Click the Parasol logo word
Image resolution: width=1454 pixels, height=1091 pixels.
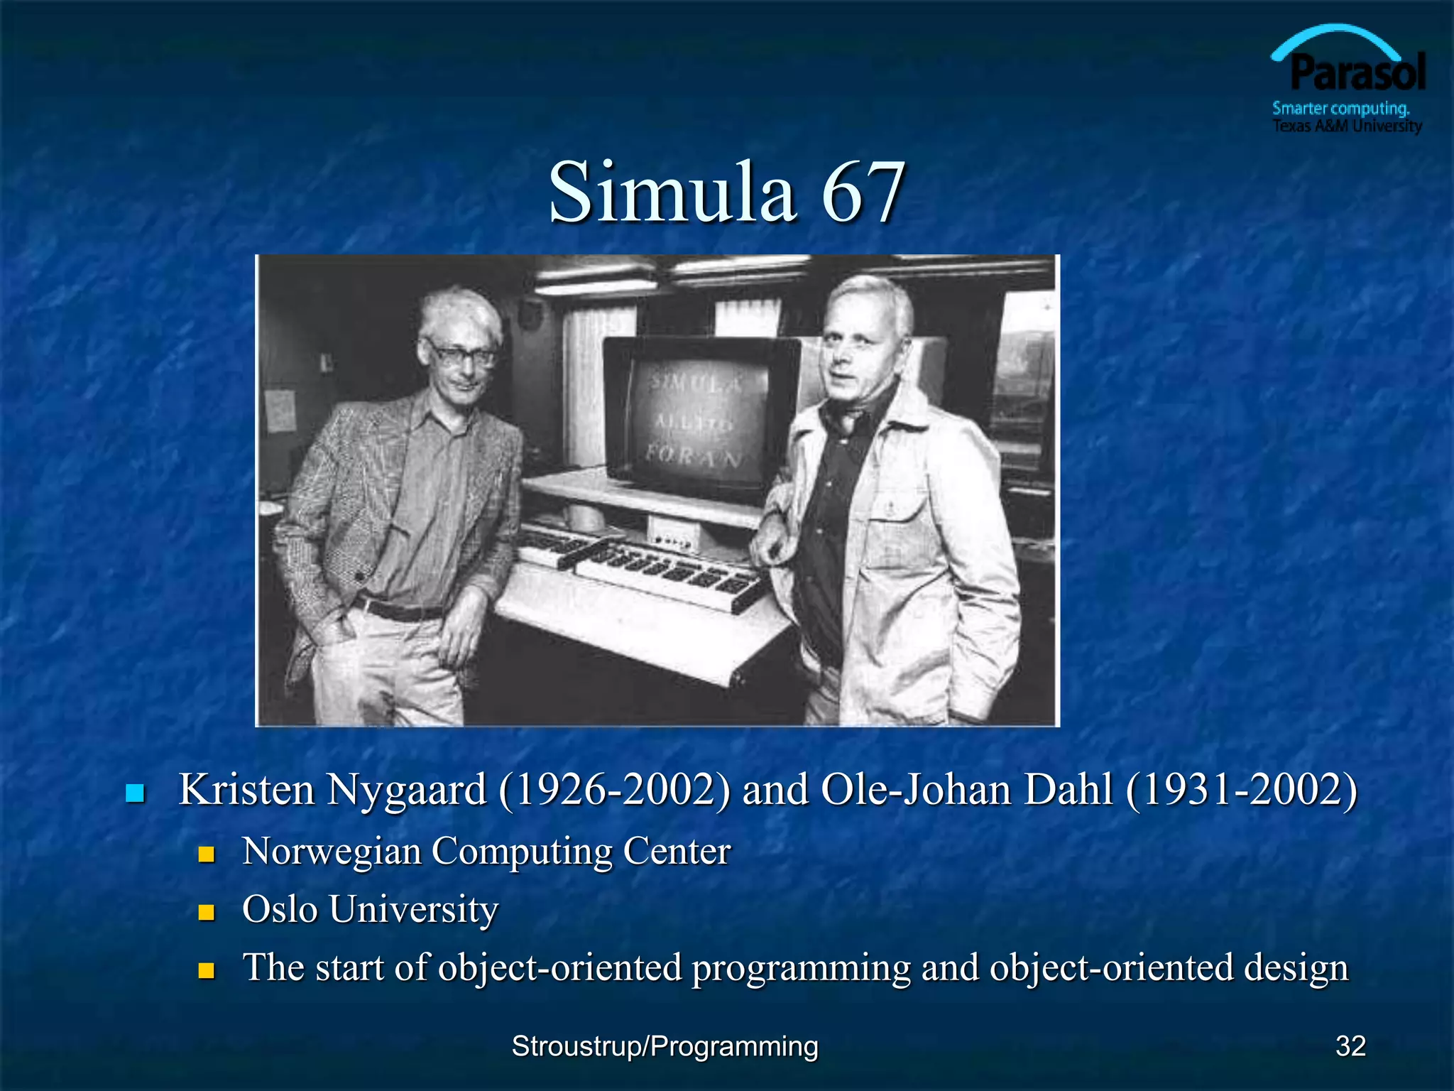1357,73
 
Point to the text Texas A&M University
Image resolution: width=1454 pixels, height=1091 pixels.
1347,126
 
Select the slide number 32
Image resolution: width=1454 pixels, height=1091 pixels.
1350,1046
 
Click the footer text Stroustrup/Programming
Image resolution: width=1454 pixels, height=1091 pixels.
665,1046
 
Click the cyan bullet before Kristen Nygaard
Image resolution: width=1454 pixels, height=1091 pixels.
135,793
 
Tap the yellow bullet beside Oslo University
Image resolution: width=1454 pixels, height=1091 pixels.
207,912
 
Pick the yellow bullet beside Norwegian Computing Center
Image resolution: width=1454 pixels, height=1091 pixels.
207,854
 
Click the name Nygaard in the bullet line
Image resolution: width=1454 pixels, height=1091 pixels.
406,790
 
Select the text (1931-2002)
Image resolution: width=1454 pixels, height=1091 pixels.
1241,790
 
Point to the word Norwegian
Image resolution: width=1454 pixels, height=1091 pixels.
332,851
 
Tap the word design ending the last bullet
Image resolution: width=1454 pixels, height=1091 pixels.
1296,967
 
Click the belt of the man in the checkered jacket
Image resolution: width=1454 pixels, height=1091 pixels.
398,609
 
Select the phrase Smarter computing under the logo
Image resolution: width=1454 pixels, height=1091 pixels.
1340,109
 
